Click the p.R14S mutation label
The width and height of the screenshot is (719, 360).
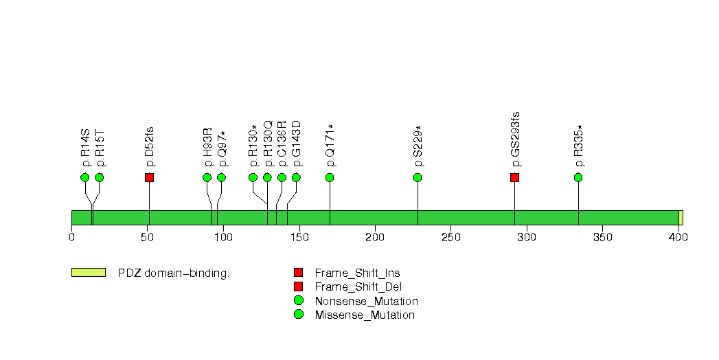pyautogui.click(x=86, y=147)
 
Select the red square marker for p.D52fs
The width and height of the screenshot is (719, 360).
pyautogui.click(x=149, y=177)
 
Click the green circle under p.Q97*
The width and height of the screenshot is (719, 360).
pyautogui.click(x=221, y=177)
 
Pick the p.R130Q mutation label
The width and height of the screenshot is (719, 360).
pyautogui.click(x=268, y=144)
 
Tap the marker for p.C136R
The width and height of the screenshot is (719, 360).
pyautogui.click(x=282, y=177)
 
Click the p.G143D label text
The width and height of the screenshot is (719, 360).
pyautogui.click(x=297, y=144)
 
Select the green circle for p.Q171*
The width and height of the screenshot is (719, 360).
pyautogui.click(x=330, y=177)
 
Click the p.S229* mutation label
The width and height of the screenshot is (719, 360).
pyautogui.click(x=418, y=146)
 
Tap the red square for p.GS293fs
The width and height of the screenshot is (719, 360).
pyautogui.click(x=514, y=177)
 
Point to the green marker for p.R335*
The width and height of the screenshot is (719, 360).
pyautogui.click(x=578, y=177)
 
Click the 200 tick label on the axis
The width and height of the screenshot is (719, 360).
pyautogui.click(x=374, y=238)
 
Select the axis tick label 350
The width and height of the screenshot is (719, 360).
pyautogui.click(x=602, y=238)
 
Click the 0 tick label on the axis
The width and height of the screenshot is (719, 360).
pyautogui.click(x=71, y=238)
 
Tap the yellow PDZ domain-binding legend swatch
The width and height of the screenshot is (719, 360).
pyautogui.click(x=88, y=273)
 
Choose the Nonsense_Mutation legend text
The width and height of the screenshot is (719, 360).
pyautogui.click(x=366, y=301)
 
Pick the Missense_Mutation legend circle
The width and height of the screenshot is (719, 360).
pyautogui.click(x=298, y=315)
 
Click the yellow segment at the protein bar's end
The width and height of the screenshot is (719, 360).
pyautogui.click(x=681, y=217)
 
